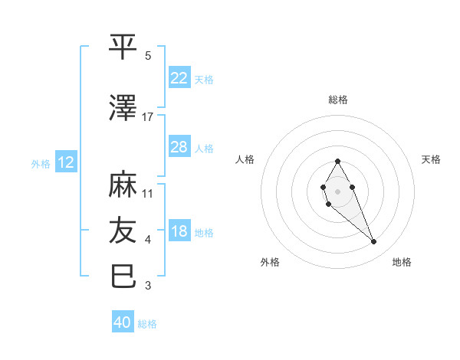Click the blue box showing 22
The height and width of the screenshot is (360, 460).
coord(179,77)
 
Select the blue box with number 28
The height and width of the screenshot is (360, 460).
coord(179,146)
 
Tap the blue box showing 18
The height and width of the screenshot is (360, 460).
coord(179,231)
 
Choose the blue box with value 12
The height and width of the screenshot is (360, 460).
coord(65,162)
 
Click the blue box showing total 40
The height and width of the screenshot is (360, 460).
coord(123,322)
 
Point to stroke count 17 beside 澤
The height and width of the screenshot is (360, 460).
coord(148,116)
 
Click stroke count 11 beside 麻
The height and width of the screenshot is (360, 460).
coord(148,193)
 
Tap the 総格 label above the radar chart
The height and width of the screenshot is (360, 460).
coord(337,100)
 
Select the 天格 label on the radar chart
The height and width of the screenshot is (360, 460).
coord(431,159)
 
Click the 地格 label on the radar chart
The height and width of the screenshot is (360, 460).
coord(402,262)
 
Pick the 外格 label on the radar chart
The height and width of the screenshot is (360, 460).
coord(270,262)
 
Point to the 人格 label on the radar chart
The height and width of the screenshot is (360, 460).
coord(245,159)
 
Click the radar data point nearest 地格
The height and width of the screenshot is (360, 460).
coord(373,242)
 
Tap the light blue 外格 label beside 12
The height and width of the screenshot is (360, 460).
coord(40,163)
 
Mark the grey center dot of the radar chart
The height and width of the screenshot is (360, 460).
coord(337,191)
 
